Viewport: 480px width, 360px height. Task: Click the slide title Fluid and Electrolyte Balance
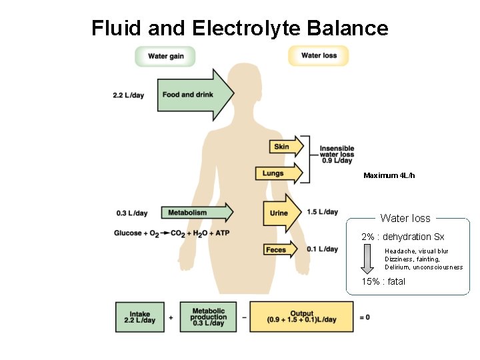(239, 28)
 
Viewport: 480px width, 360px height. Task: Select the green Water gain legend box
(165, 56)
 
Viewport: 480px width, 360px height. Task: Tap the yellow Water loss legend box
(319, 56)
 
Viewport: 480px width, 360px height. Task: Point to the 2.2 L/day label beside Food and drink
(128, 95)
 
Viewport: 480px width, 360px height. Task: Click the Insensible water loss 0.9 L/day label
(337, 154)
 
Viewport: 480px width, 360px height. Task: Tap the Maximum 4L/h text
(389, 175)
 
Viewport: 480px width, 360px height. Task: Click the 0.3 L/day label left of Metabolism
(132, 213)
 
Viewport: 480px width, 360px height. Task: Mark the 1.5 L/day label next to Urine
(322, 212)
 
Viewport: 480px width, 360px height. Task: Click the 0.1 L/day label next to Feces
(322, 249)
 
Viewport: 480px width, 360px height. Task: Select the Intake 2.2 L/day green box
(139, 317)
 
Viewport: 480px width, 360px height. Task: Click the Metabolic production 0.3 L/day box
(208, 317)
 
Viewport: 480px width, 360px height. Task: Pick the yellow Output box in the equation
(301, 317)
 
